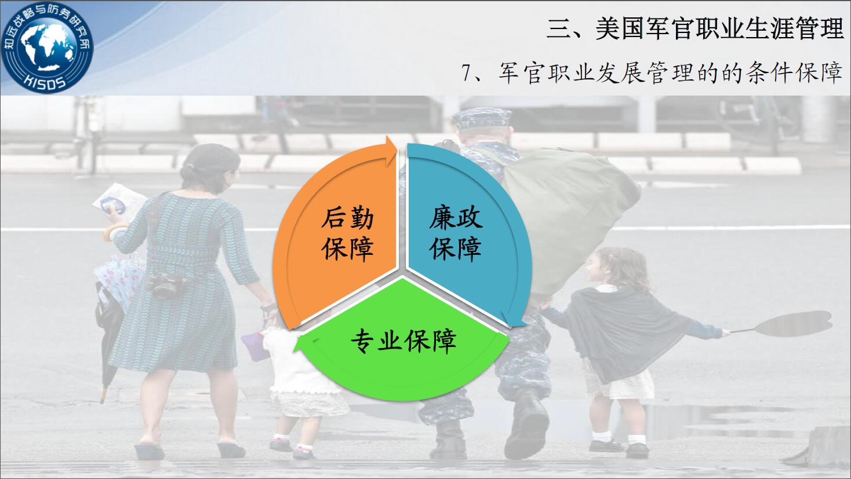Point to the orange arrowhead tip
(x=397, y=148)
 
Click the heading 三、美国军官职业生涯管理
(x=695, y=29)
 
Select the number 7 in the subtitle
(x=466, y=73)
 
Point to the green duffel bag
(x=570, y=213)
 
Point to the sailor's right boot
(x=528, y=429)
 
